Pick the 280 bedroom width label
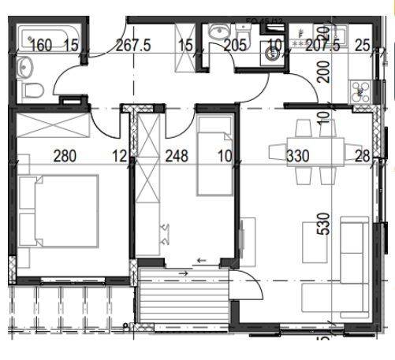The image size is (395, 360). pos(65,156)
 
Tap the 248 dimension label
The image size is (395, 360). pos(177,156)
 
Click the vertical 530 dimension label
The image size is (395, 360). pos(322,225)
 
